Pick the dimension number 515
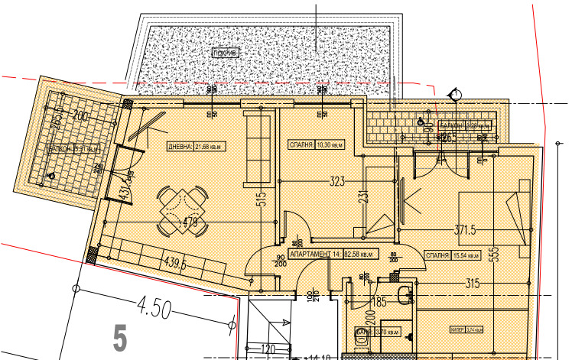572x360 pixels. [261, 200]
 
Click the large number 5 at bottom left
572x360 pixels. [119, 338]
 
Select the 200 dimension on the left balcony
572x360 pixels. [81, 115]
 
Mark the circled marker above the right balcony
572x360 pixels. [455, 94]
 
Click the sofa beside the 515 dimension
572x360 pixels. [256, 148]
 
